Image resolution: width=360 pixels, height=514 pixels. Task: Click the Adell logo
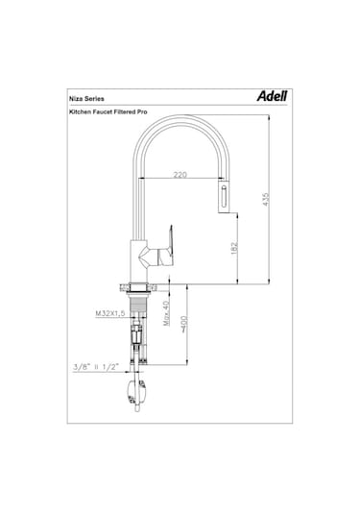click(272, 96)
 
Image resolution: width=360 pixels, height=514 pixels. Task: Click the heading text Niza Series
click(86, 99)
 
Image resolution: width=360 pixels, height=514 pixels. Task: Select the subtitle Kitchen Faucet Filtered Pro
click(108, 111)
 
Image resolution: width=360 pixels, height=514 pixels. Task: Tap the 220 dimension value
click(180, 175)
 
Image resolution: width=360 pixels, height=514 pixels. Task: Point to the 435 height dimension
click(266, 199)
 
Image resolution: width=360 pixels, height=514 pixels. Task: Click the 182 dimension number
click(234, 249)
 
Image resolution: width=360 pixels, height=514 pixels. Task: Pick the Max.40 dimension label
click(166, 313)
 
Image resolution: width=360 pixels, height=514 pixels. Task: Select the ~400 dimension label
click(183, 324)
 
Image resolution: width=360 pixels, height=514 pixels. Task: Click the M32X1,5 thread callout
click(110, 313)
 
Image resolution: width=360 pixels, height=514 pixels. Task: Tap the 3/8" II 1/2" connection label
click(96, 367)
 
